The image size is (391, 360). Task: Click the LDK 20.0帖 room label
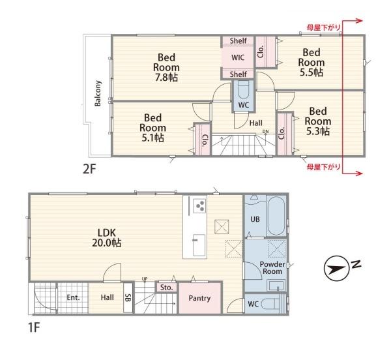pos(107,237)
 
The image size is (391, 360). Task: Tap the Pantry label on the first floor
pos(199,298)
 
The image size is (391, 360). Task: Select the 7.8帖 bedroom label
pos(166,67)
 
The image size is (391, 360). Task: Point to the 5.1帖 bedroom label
pos(153,127)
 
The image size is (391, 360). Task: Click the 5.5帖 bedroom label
pos(311,63)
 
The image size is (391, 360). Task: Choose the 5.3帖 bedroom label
pos(318,121)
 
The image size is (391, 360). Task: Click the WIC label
pos(238,57)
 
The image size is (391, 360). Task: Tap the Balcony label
pos(98,93)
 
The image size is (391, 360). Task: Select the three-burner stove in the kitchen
pos(200,206)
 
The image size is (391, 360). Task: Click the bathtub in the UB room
pos(276,216)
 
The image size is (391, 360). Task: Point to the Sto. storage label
pos(167,288)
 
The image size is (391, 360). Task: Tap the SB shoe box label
pos(128,297)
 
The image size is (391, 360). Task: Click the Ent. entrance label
pos(73,297)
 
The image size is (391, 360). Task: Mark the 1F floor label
pos(34,327)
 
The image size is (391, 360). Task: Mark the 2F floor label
pos(89,169)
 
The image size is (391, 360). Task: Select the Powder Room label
pos(272,267)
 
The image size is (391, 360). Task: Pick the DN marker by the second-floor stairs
pos(266,131)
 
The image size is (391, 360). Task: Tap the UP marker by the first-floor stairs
pos(145,278)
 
